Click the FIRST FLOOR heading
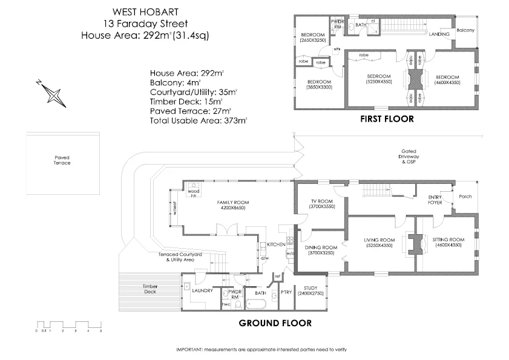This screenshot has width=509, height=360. (x=387, y=119)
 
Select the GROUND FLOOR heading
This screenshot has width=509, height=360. (x=275, y=323)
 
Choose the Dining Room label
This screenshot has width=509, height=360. (x=321, y=250)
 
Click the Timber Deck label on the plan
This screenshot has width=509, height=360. (x=150, y=289)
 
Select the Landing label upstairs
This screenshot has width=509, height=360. (x=439, y=34)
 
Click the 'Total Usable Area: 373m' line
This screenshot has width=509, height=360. (x=199, y=121)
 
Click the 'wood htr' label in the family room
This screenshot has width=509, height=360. (x=194, y=193)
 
